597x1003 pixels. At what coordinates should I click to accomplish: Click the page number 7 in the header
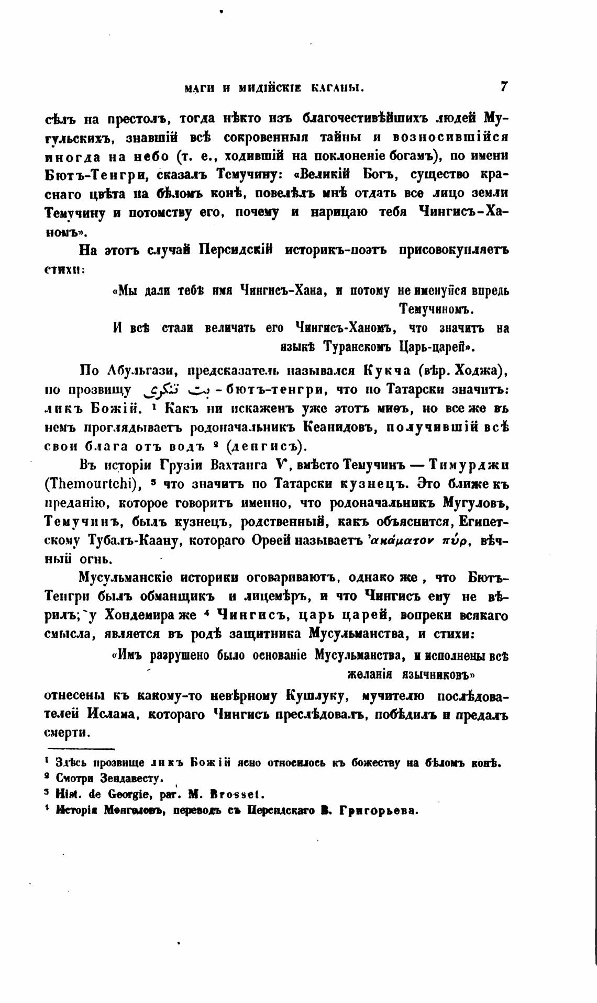click(x=504, y=87)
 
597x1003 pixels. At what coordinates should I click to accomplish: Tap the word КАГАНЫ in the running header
click(x=337, y=88)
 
